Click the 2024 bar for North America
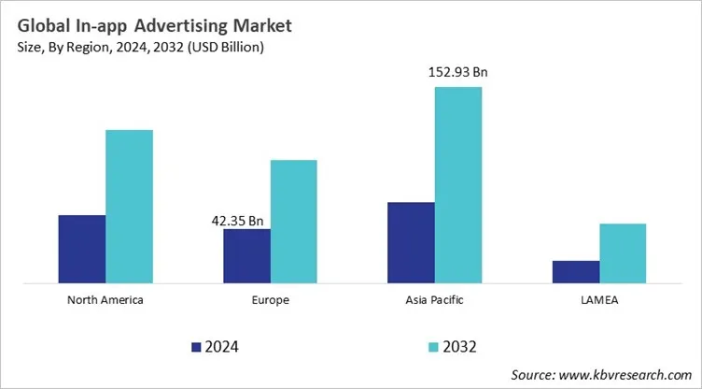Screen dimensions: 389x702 point(81,249)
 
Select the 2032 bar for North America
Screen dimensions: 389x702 point(129,206)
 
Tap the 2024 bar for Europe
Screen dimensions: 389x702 point(246,255)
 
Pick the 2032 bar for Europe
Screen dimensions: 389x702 point(293,221)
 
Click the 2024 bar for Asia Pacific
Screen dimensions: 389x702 point(411,242)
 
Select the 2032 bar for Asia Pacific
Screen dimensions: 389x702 point(458,184)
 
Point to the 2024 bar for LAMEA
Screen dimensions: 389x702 point(576,271)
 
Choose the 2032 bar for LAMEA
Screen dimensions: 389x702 point(623,252)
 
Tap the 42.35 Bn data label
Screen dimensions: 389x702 point(238,221)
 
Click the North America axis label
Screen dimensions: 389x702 point(105,301)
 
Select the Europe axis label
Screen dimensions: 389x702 point(270,301)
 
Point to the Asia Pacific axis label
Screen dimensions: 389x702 point(434,301)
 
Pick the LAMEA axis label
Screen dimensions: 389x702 point(599,301)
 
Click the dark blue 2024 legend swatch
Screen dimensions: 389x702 point(197,347)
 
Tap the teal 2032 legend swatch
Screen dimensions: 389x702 point(433,347)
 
